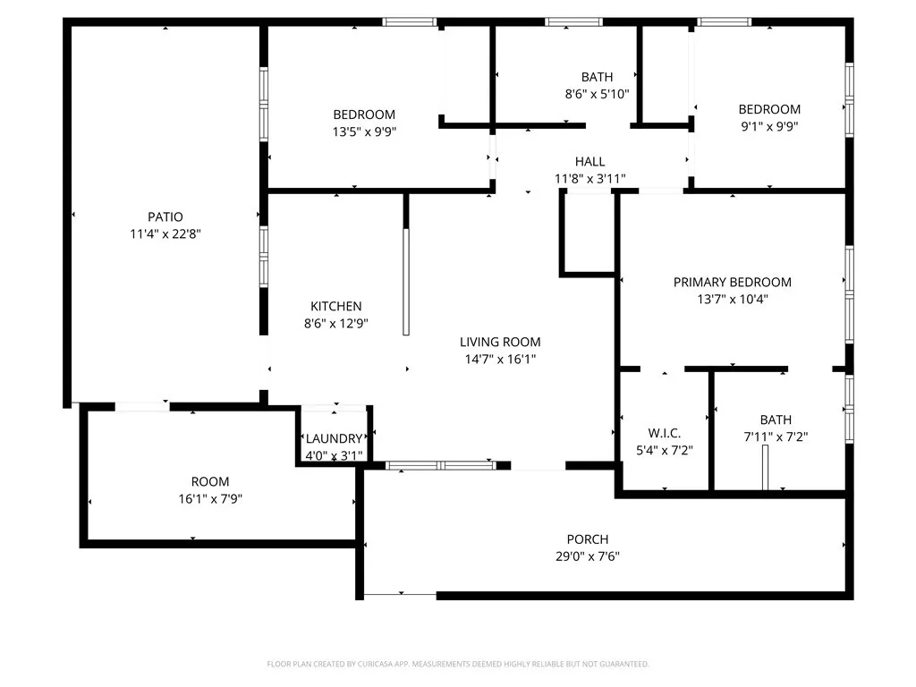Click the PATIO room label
(165, 216)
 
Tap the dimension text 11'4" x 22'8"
(165, 233)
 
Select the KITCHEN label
(335, 306)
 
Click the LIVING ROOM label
(500, 342)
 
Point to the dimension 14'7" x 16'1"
(500, 359)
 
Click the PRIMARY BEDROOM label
(732, 282)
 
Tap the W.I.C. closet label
(664, 433)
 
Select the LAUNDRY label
(334, 438)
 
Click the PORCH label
(588, 539)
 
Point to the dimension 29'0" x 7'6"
(588, 556)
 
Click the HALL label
(589, 161)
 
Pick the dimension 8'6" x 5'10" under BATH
(597, 93)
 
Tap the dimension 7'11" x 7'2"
(776, 437)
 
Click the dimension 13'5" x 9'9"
(364, 131)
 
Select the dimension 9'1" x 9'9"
(769, 126)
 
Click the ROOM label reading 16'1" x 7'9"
(210, 481)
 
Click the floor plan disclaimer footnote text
(458, 664)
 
